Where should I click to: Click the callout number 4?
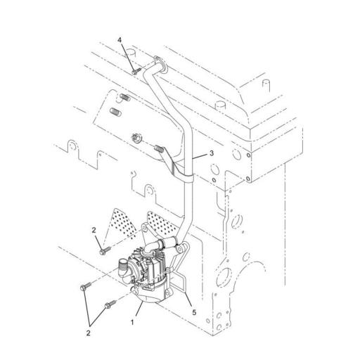coord(120,40)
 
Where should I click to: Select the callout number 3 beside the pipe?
coord(212,153)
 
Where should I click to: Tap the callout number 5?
coord(194,312)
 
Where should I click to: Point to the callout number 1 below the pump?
coord(132,323)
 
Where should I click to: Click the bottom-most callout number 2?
coord(89,333)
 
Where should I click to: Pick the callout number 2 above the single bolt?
coord(94,230)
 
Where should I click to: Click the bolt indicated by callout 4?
coord(136,71)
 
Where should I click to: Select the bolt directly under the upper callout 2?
coord(105,250)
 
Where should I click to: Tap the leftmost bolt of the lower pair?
coord(86,286)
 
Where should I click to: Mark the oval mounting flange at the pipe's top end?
coord(160,63)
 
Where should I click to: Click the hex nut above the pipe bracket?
coord(136,137)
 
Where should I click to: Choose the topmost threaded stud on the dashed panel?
coord(125,97)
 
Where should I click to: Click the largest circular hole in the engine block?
coord(224,277)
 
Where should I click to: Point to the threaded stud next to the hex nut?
coord(159,148)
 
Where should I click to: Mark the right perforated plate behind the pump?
coord(162,224)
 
